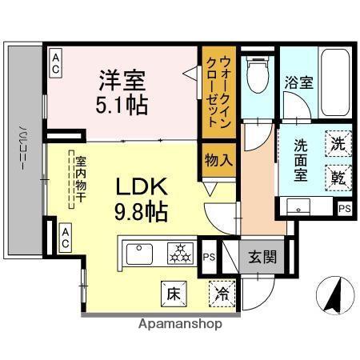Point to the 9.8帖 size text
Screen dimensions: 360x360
[x=141, y=211]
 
